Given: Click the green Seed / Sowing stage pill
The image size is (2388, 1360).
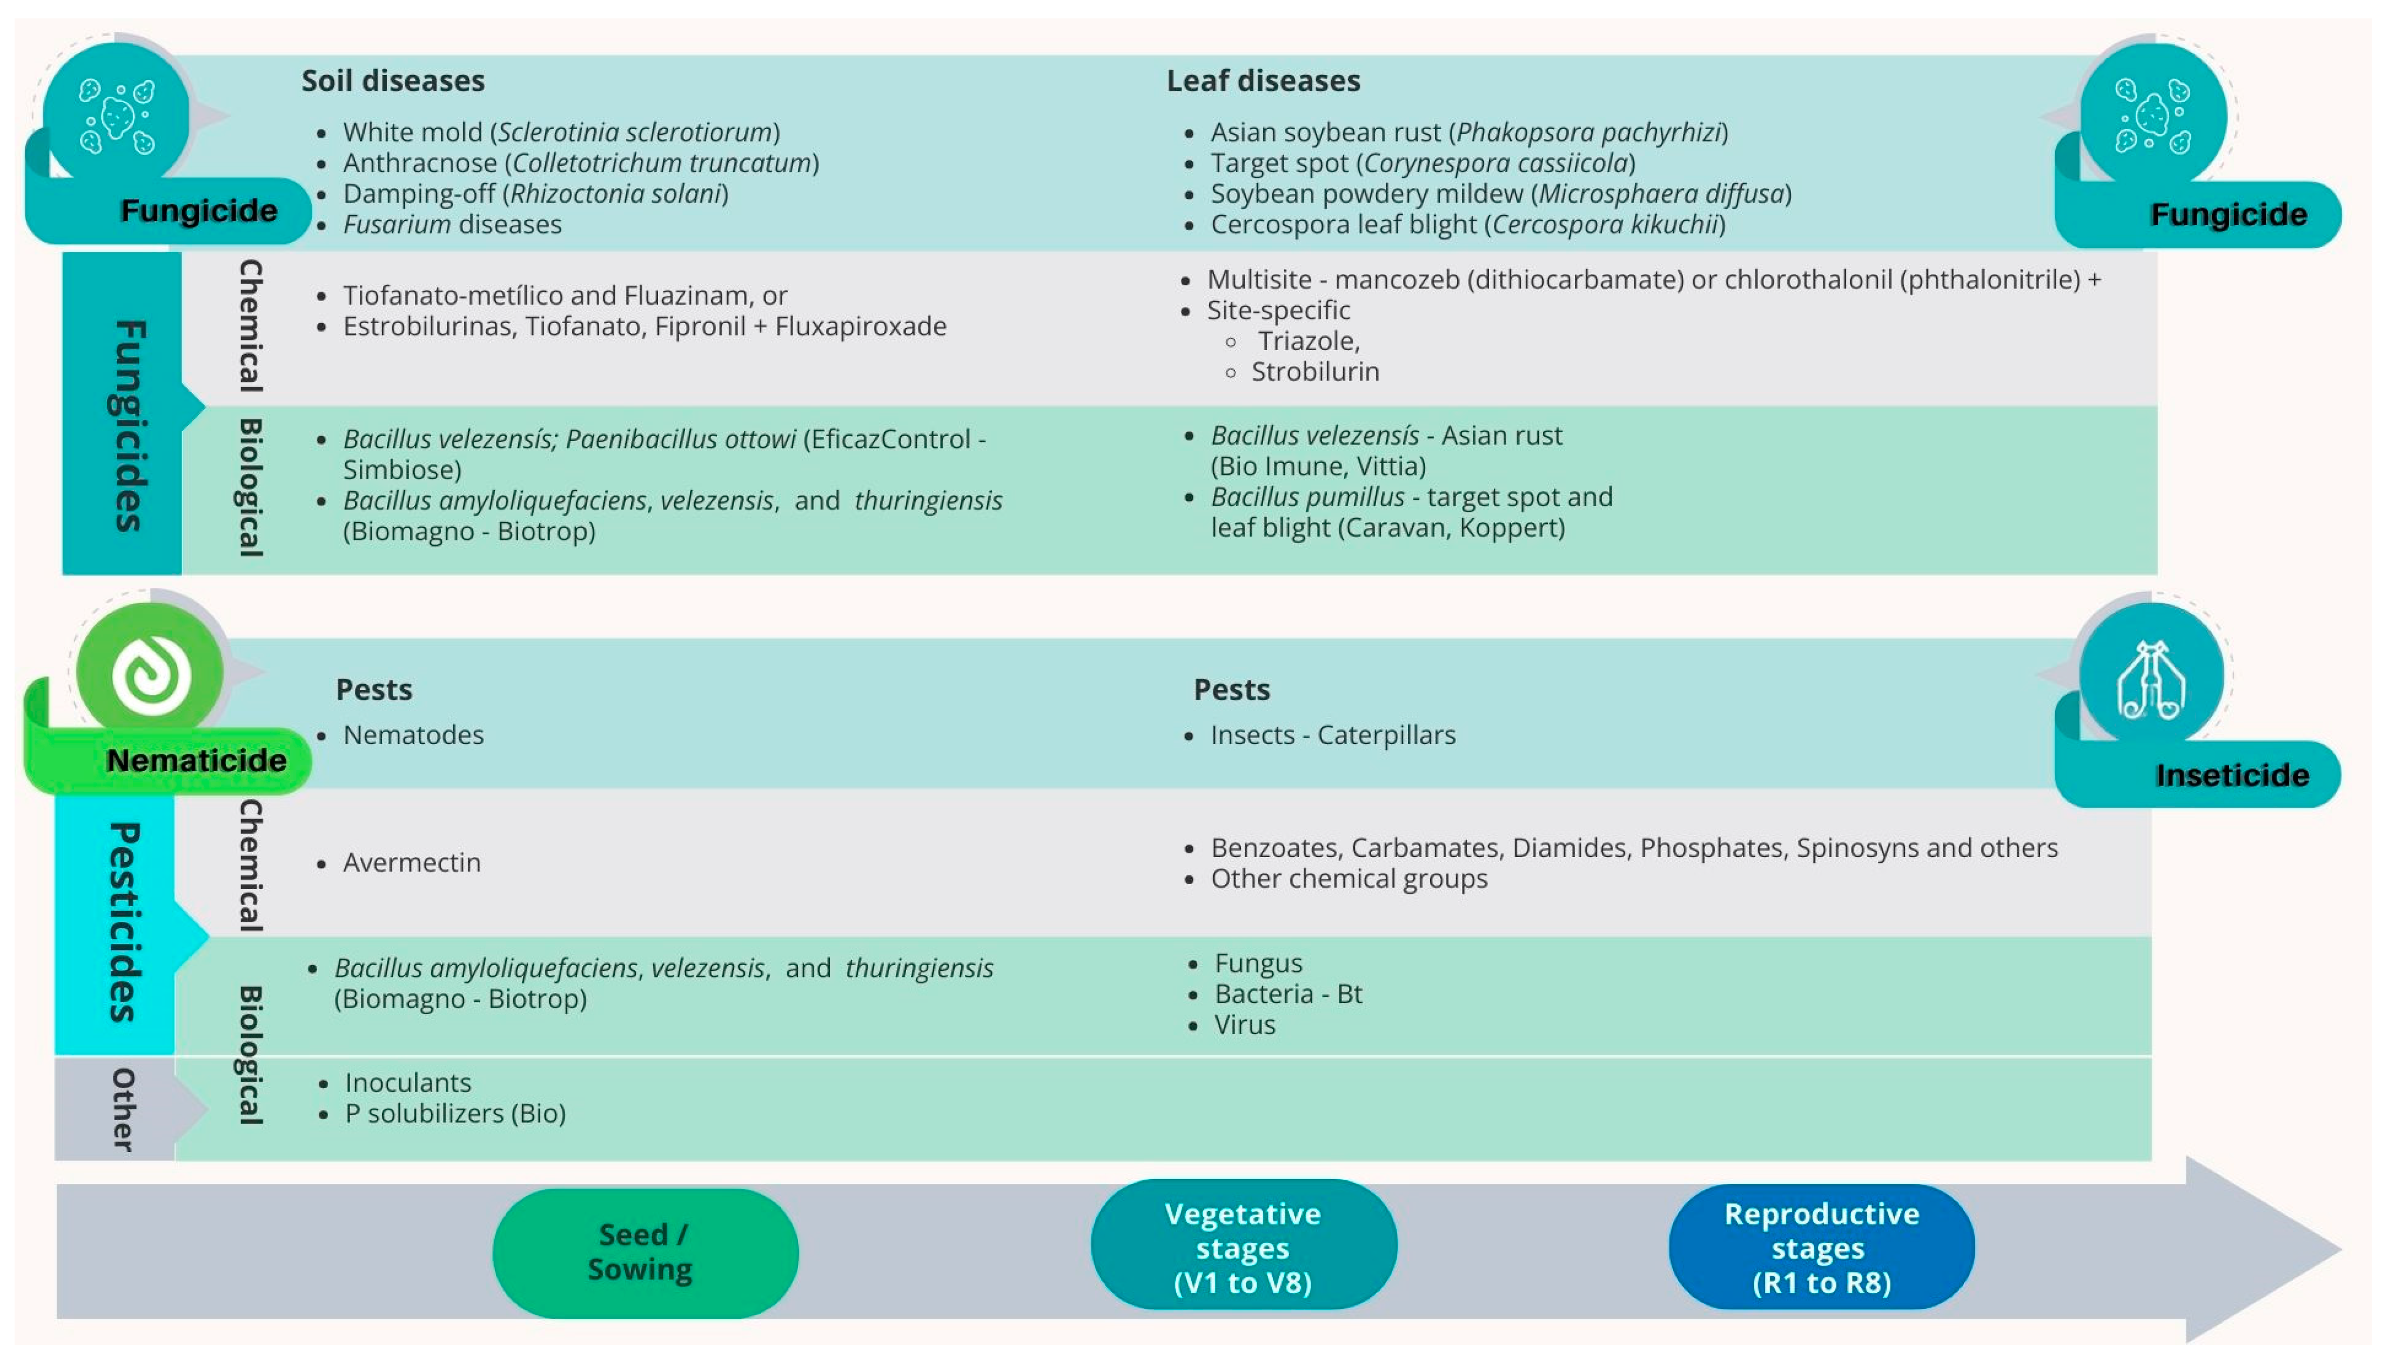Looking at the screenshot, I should [645, 1251].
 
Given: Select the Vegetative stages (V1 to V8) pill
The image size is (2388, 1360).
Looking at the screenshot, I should [1243, 1247].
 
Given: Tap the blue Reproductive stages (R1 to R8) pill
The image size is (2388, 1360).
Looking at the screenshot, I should [1821, 1247].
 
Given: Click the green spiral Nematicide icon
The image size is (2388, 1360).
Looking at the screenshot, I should [150, 673].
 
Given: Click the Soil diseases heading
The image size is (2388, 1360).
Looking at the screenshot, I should [392, 81].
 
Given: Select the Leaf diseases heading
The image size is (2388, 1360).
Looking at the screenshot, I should [1263, 81].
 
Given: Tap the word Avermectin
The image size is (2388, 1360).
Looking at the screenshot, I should [412, 862].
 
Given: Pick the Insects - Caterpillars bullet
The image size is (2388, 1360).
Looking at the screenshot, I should [1333, 735].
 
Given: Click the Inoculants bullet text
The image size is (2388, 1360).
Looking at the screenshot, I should [408, 1083].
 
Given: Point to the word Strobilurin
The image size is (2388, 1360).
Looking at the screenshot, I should [1315, 372].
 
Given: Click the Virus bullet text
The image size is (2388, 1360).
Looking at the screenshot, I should [1244, 1024].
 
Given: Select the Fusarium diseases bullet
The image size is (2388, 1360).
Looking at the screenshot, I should [452, 224].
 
